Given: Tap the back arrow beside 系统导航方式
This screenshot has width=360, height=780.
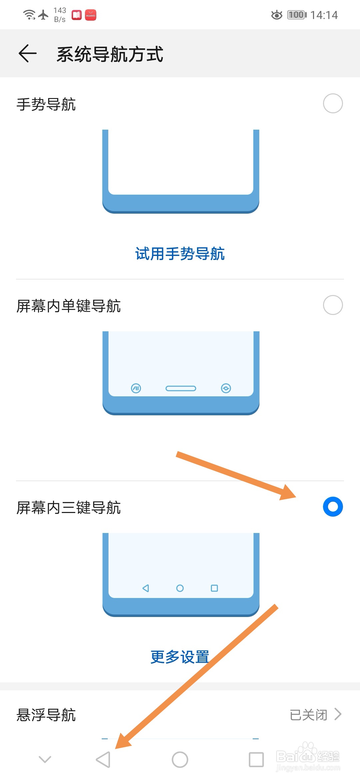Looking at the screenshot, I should point(27,53).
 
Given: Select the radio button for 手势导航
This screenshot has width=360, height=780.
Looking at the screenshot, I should point(333,103).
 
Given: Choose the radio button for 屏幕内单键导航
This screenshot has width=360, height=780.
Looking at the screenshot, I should point(333,305).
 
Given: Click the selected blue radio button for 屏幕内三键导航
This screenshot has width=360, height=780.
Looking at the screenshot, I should point(333,507).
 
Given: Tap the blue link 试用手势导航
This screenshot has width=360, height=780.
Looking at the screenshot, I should point(180,254).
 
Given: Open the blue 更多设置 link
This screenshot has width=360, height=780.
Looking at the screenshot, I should point(180,657).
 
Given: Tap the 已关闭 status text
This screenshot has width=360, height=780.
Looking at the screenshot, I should point(308,715).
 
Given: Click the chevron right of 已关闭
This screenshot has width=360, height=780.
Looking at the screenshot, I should point(338,714).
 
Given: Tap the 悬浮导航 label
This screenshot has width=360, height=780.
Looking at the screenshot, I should point(46,715).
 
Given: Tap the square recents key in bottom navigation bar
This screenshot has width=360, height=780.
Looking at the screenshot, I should point(256,760).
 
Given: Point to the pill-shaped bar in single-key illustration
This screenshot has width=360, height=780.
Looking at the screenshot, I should point(181,388).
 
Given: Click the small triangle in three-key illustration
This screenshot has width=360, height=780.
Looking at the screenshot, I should point(146,588).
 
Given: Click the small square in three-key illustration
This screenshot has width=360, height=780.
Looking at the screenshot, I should point(214,588).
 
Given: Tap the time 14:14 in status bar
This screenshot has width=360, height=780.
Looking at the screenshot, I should point(324,15).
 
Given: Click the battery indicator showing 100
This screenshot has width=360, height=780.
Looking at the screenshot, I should point(297,15).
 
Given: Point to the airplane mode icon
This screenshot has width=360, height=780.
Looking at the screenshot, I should point(43,15).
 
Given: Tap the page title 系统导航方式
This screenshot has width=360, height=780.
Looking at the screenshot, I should point(110,54).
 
